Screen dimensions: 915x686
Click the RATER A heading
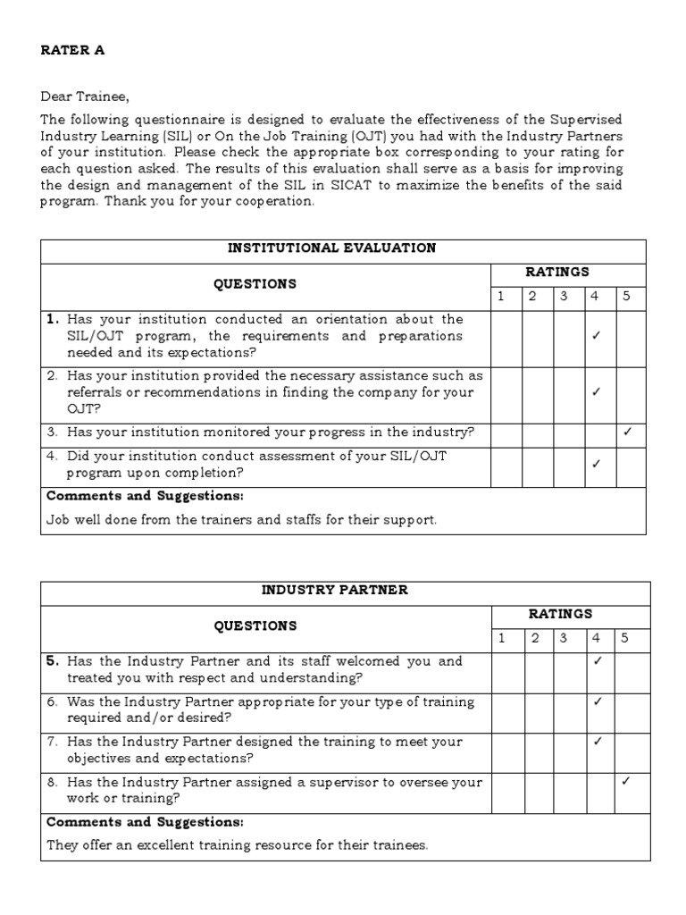click(72, 50)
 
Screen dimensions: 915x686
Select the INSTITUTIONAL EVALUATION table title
click(344, 248)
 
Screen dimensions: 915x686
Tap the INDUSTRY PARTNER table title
click(335, 590)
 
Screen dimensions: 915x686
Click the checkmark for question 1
click(596, 336)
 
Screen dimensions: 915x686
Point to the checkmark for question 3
click(627, 432)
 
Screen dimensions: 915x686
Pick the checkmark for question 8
click(625, 781)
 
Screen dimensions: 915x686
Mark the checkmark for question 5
click(598, 661)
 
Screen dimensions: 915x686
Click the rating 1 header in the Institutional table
click(501, 297)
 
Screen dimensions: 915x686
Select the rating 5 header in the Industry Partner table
click(625, 638)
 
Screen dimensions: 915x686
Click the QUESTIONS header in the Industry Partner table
click(255, 625)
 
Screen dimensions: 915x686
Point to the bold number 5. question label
click(53, 661)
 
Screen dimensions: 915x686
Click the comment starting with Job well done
click(241, 520)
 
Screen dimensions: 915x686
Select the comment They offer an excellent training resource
click(237, 844)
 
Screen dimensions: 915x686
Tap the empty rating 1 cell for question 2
click(506, 391)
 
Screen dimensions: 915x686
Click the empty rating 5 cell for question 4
click(630, 466)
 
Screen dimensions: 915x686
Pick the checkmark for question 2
click(596, 391)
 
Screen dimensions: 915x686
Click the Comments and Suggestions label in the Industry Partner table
click(145, 822)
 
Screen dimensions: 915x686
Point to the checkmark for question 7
click(598, 741)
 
